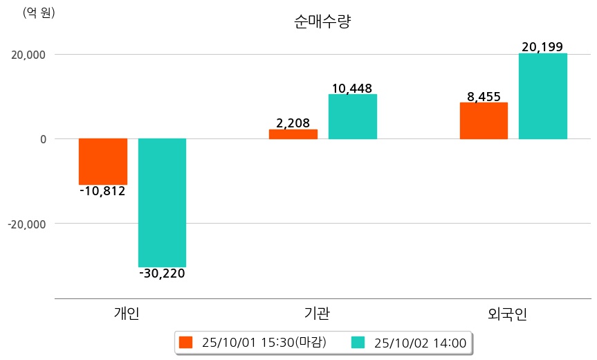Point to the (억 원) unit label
[39, 12]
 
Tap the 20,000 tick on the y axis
[28, 55]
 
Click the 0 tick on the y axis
[42, 139]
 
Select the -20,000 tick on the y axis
[26, 224]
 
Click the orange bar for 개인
[103, 161]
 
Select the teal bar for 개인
[162, 202]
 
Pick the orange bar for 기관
[293, 134]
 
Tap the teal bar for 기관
[352, 116]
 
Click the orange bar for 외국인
[484, 120]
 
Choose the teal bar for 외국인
[542, 96]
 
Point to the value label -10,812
[102, 191]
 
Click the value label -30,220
[162, 273]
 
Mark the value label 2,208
[293, 123]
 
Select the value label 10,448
[352, 88]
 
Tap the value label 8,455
[484, 96]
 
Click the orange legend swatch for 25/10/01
[185, 342]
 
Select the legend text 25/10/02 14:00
[420, 342]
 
